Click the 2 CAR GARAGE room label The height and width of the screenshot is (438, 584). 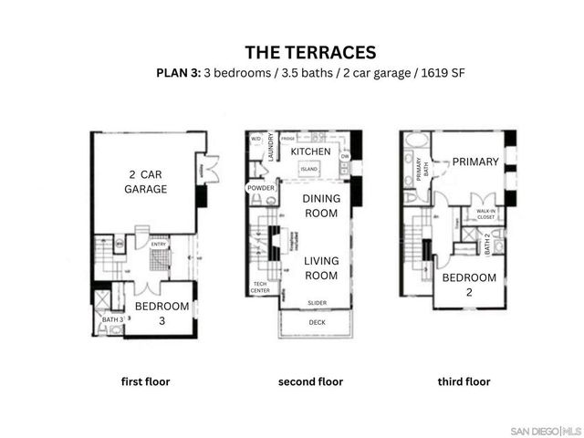tap(146, 182)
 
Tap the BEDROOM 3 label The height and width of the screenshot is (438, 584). tap(162, 313)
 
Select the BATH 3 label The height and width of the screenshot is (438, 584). tap(111, 318)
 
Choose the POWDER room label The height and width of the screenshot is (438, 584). tap(260, 188)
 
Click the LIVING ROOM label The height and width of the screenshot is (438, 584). tap(321, 268)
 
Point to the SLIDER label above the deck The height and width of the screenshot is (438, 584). tap(317, 303)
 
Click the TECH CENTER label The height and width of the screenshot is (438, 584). tap(260, 288)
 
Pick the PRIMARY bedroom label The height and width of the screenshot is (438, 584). tap(475, 162)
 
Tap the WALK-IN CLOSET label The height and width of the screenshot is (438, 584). tap(485, 214)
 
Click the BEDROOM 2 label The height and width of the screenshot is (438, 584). tap(469, 284)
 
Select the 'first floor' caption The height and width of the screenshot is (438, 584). tap(146, 381)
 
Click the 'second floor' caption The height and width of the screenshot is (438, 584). tap(310, 381)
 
